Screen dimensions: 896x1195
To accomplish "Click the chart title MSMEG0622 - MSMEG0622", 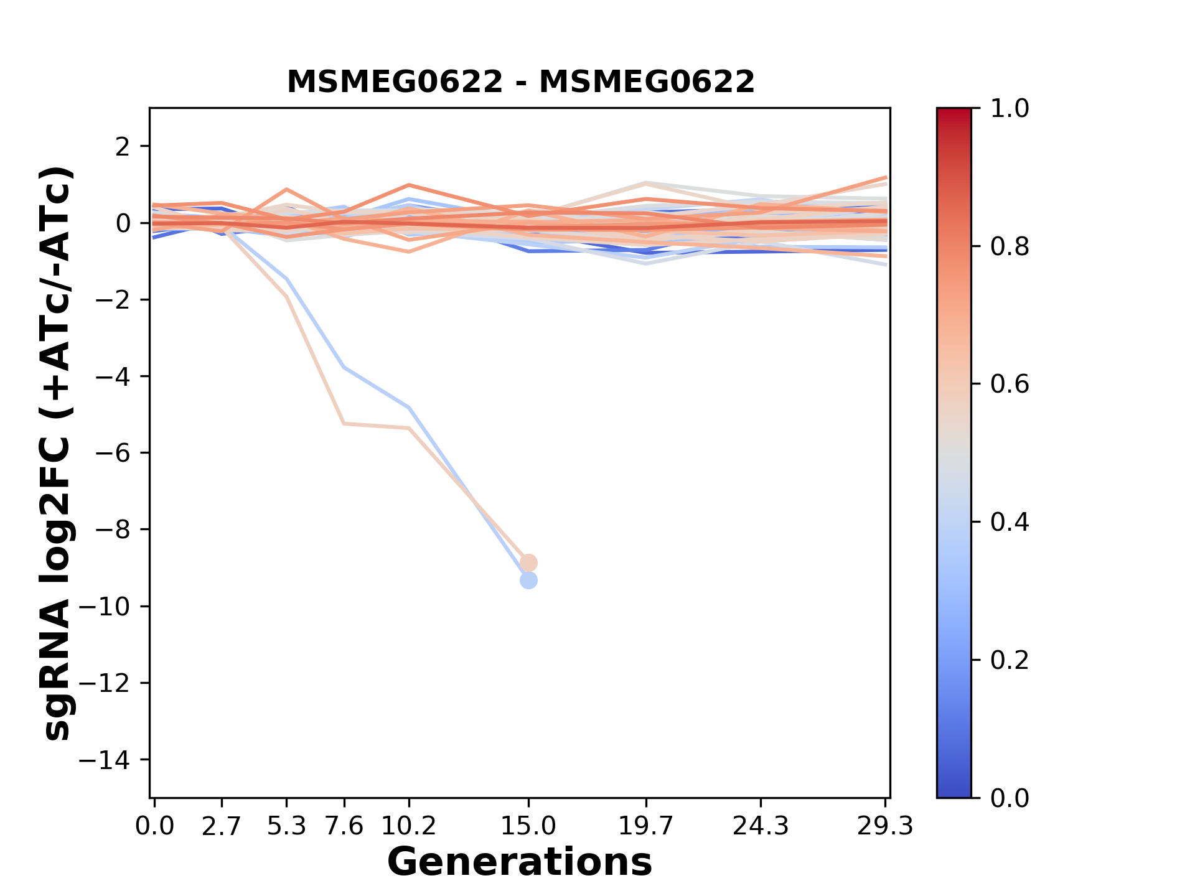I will (x=520, y=82).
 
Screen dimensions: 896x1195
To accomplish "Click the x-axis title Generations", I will (x=520, y=862).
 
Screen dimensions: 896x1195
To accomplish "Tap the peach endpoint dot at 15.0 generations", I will (x=528, y=562).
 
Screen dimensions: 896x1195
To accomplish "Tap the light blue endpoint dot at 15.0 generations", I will (x=528, y=581).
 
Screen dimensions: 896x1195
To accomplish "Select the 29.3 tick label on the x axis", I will (x=884, y=826).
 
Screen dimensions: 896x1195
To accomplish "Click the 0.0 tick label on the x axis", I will (x=155, y=826).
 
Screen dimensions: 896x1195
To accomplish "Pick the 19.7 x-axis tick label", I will (x=647, y=826).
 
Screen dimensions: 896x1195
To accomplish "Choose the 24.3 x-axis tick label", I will (x=761, y=826).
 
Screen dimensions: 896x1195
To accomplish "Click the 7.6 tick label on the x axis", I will (x=344, y=826).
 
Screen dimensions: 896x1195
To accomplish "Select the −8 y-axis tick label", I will (x=113, y=530).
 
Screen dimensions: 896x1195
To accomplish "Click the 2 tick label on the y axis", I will (x=123, y=146).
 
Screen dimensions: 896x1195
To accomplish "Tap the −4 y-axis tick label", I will (x=113, y=376).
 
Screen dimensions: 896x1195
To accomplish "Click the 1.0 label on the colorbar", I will (x=1010, y=109).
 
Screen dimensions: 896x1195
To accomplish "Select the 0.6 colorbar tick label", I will (x=1010, y=384).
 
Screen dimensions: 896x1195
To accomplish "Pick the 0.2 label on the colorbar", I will (x=1010, y=660).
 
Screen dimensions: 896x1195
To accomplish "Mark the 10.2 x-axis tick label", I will (x=408, y=826).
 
